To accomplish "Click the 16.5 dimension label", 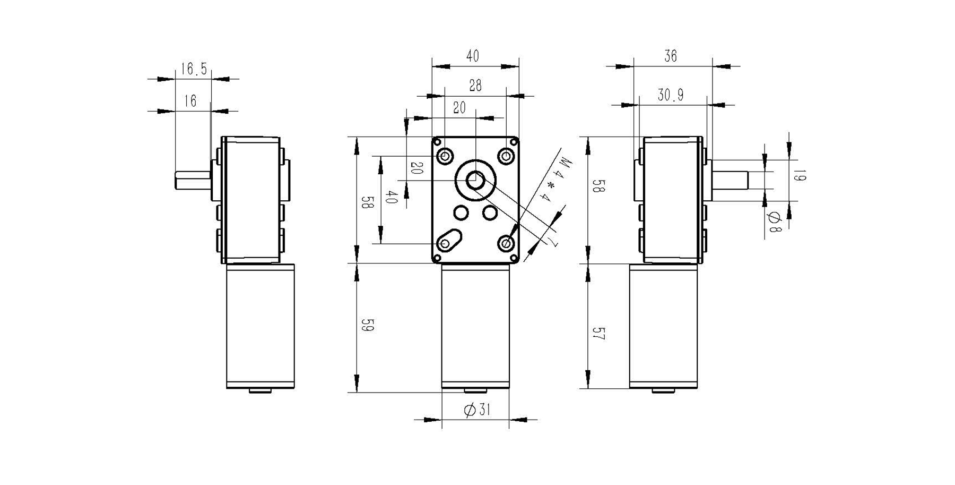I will (194, 69).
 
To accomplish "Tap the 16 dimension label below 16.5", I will (190, 101).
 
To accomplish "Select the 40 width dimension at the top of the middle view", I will (472, 56).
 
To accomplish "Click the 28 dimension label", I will (475, 86).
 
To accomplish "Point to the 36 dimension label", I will (670, 56).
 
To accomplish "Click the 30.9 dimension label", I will (671, 95).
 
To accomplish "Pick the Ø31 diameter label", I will (476, 410).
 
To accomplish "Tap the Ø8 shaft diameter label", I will (775, 222).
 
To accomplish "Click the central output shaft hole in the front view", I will (475, 181).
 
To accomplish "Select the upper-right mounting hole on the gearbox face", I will (507, 156).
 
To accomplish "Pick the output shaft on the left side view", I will (193, 180).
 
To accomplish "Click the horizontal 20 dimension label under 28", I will (459, 108).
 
